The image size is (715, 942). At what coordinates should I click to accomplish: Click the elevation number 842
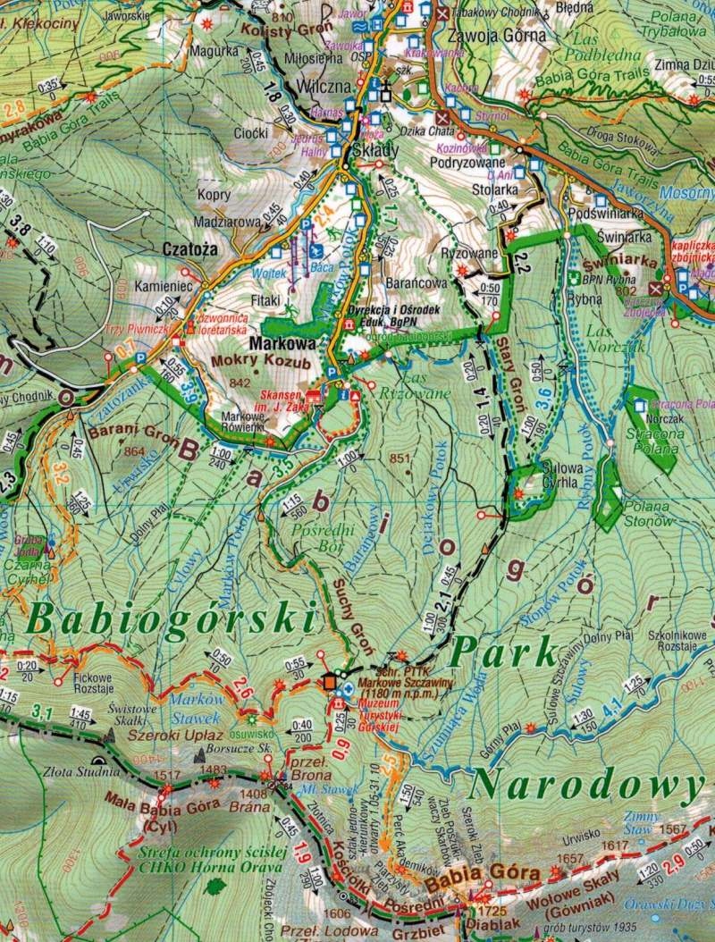[x=240, y=383]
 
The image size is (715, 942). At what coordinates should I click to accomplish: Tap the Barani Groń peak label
[x=122, y=433]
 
